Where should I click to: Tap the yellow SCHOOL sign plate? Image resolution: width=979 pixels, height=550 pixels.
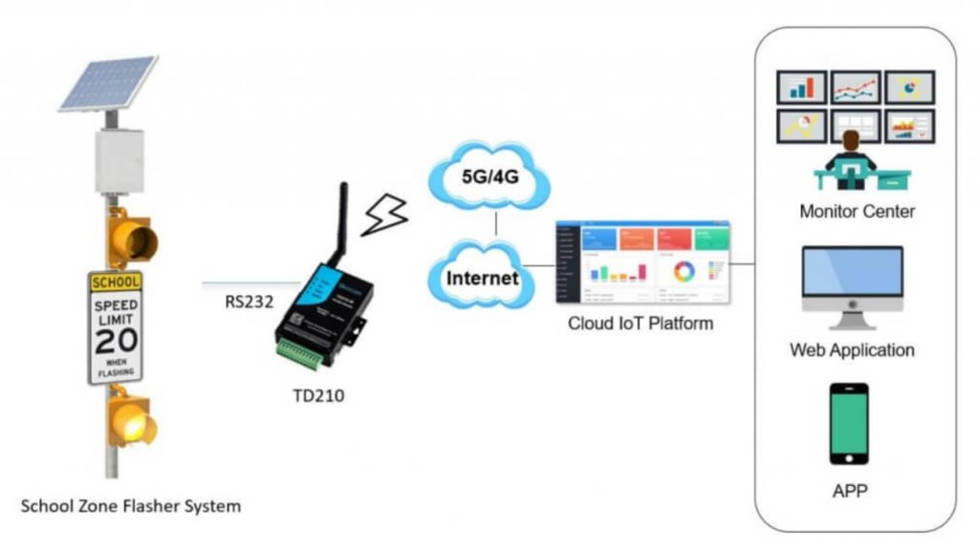pos(115,282)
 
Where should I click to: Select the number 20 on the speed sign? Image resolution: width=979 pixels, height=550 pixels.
pos(115,339)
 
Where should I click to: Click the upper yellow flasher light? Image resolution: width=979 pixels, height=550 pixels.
pos(133,238)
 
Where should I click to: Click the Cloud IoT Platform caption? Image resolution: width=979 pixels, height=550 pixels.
pos(641,323)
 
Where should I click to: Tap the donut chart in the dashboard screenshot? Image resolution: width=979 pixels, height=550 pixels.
pos(685,271)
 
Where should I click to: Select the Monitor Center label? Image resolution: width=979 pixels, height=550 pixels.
pos(857,211)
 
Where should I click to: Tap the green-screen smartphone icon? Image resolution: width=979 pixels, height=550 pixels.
pos(849,423)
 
